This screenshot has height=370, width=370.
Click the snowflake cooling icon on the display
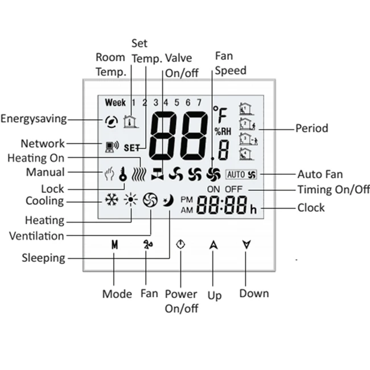pos(111,200)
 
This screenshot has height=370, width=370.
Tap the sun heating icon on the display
pos(131,200)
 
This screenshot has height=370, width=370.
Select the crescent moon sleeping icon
pos(169,200)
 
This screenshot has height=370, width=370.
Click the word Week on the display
pos(115,103)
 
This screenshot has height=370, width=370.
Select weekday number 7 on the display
pos(199,103)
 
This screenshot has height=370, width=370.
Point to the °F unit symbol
pos(220,114)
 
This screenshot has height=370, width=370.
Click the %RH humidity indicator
pos(222,131)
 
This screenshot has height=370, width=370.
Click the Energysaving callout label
pos(34,119)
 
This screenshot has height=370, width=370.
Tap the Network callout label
pos(43,143)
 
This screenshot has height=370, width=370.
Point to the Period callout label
pos(311,128)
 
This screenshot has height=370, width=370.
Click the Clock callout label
pos(311,207)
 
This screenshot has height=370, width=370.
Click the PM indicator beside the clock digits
pos(187,199)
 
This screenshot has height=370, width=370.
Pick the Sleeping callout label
pos(43,258)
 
